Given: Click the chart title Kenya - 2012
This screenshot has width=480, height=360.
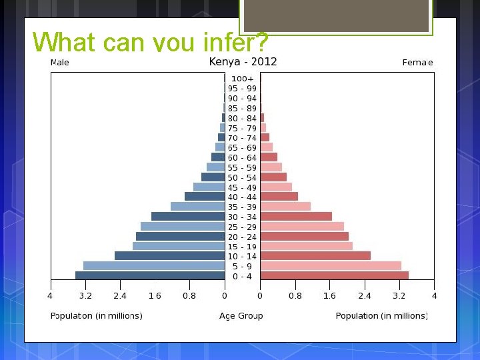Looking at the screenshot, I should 243,62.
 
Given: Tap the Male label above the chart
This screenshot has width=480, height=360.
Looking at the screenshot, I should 59,63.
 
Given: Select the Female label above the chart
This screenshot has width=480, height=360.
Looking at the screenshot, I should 417,63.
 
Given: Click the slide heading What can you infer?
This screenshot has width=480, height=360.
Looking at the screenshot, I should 150,43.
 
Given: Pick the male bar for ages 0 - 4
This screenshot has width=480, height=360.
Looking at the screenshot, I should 150,275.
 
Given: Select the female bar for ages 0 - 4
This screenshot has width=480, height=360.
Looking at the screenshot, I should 334,275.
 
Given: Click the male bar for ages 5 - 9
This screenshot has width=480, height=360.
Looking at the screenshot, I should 154,265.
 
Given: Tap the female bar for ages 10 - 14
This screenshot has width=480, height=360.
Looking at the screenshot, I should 315,256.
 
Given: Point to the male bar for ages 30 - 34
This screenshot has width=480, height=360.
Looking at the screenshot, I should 188,217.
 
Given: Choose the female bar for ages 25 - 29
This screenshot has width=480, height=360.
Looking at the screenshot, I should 302,227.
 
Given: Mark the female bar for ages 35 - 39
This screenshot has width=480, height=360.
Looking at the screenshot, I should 285,207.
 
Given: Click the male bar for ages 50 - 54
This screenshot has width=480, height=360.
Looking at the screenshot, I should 213,177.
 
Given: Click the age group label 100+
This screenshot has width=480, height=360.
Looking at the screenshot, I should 242,79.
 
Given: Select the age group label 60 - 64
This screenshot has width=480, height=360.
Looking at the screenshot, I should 242,158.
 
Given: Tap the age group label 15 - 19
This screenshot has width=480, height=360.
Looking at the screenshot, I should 242,247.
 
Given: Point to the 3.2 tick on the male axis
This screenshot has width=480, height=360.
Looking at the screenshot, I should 85,296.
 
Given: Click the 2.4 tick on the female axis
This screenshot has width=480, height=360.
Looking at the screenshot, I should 365,296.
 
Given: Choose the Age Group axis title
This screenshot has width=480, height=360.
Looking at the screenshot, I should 241,316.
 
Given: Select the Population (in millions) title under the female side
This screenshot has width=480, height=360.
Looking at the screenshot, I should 381,316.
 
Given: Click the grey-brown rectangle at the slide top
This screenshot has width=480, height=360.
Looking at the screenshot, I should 336,16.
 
